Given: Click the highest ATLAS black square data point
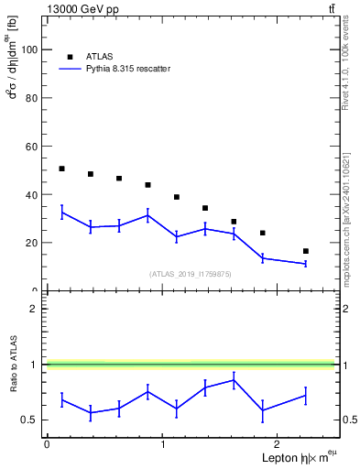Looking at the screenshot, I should click(61, 169).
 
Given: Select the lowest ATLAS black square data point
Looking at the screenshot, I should click(305, 251).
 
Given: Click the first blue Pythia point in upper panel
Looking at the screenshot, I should click(61, 213).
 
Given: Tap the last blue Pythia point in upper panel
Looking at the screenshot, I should click(305, 264).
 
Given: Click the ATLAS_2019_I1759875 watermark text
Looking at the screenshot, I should click(191, 273).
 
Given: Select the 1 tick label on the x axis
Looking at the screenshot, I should click(163, 443).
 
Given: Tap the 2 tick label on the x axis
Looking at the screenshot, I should click(279, 443).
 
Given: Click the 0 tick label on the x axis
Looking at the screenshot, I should click(47, 443).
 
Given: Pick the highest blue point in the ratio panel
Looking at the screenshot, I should click(235, 380).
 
